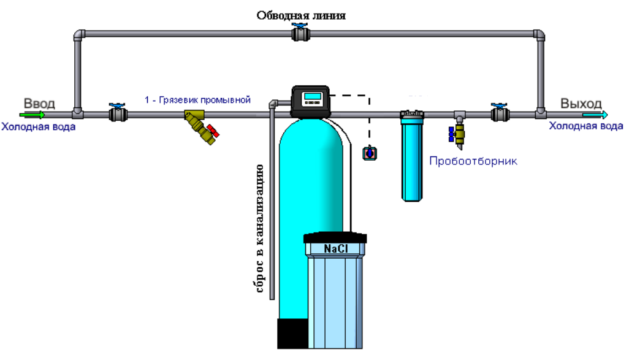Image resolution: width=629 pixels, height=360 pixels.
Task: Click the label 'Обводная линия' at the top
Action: pos(301,16)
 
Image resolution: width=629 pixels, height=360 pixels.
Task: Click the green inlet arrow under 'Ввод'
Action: pos(32,115)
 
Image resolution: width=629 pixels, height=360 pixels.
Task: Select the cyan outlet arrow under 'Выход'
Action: pos(595,115)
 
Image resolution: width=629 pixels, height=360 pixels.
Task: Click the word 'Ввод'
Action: pos(39,104)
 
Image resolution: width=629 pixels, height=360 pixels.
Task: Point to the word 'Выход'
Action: pos(581,104)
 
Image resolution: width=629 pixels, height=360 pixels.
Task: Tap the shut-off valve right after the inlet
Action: pos(118,113)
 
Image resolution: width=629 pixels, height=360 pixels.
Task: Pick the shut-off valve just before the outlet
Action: pos(500,113)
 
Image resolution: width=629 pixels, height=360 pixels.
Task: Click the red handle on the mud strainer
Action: pos(213,131)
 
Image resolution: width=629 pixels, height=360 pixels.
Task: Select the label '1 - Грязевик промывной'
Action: pos(198,99)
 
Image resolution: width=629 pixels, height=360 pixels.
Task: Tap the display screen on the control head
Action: pos(312,96)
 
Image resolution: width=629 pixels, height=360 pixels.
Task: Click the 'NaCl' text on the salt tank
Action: pos(336,249)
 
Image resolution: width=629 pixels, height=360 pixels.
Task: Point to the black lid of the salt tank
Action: pos(335,237)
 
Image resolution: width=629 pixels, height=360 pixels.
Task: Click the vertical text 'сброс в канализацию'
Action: pos(259,228)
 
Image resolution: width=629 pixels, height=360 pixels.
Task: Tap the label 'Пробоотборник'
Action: pos(473,161)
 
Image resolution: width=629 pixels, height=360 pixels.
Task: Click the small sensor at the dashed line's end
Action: pos(370,153)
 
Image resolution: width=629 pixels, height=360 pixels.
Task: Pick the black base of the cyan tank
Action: pos(293,334)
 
